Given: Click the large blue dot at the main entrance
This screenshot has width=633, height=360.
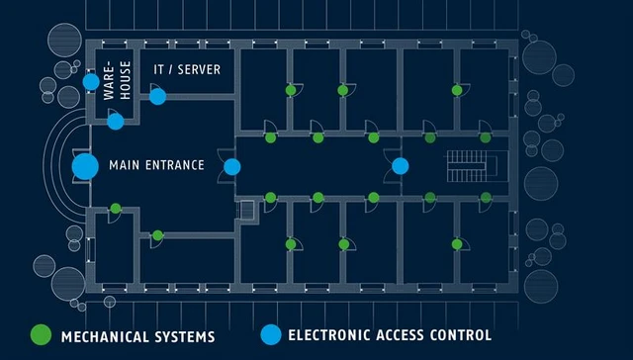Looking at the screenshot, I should [85, 166].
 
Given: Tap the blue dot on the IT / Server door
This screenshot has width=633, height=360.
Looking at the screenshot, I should [158, 96].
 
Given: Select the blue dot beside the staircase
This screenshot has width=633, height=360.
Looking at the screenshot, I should [400, 166].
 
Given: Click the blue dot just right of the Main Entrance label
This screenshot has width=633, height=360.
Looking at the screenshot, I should [231, 166].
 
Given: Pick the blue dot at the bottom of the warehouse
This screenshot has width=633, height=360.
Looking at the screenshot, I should [116, 121].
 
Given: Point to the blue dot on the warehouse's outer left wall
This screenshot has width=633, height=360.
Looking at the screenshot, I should [91, 81].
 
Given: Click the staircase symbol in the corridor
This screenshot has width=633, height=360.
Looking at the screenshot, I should [462, 165].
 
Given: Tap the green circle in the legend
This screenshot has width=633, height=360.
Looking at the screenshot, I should [41, 335].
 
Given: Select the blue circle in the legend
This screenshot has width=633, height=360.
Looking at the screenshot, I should [269, 335].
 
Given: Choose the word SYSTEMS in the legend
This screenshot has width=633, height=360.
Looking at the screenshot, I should [185, 336].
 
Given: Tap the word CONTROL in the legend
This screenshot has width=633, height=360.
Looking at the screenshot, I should [460, 336].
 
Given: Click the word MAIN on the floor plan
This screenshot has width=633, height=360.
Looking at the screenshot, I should [124, 165].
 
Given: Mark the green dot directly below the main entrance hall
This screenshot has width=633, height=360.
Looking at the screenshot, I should [116, 208].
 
